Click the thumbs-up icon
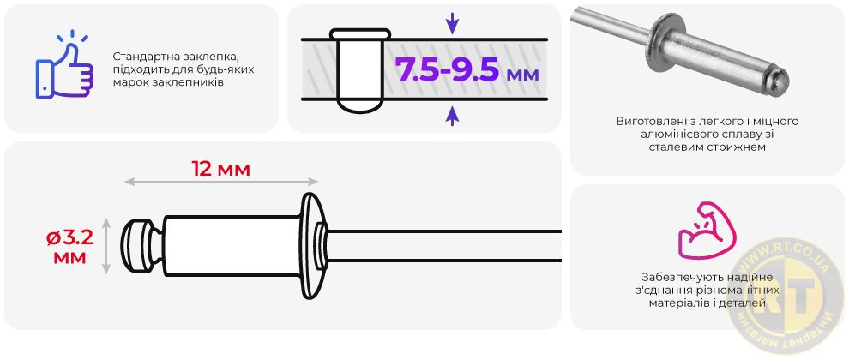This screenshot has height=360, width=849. pos(64,67)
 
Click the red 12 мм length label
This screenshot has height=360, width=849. pos(221,169)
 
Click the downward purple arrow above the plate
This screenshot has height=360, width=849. pos(452,24)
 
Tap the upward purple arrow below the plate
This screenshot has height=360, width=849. pos(452,115)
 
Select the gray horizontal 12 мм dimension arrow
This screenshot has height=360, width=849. pos(221,182)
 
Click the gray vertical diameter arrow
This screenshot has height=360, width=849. pos(106,246)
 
